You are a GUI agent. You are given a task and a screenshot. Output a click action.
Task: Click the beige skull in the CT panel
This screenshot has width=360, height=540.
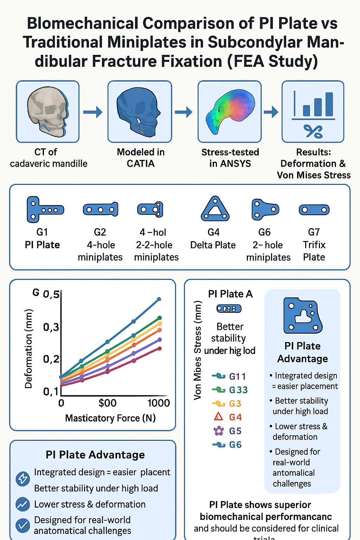[47, 111]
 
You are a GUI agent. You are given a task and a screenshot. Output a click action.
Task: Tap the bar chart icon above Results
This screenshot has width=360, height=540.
[314, 105]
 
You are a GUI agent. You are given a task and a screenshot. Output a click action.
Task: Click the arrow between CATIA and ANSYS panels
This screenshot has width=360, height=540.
[184, 112]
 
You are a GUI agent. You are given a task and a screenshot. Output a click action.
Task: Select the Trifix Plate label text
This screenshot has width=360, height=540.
[314, 251]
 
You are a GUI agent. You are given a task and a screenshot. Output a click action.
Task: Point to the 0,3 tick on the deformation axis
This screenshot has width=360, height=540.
[51, 327]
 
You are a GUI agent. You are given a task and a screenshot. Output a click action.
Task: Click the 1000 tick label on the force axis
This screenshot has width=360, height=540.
[159, 403]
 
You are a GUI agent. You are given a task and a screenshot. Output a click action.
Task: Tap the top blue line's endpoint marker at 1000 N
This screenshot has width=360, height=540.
[159, 299]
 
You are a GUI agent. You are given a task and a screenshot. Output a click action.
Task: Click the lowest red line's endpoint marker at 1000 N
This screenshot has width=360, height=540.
[160, 348]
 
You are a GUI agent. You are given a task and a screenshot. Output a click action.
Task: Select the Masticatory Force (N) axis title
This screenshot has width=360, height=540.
[110, 418]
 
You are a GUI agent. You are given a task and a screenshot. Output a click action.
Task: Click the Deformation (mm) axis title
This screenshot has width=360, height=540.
[28, 349]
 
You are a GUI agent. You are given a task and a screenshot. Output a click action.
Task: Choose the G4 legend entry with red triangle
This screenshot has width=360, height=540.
[228, 417]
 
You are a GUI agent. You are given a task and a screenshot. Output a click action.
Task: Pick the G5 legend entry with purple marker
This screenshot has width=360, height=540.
[228, 431]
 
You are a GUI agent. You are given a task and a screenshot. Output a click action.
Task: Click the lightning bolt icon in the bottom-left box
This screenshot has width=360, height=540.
[23, 478]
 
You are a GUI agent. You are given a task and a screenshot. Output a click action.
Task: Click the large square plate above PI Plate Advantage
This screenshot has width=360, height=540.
[302, 316]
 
